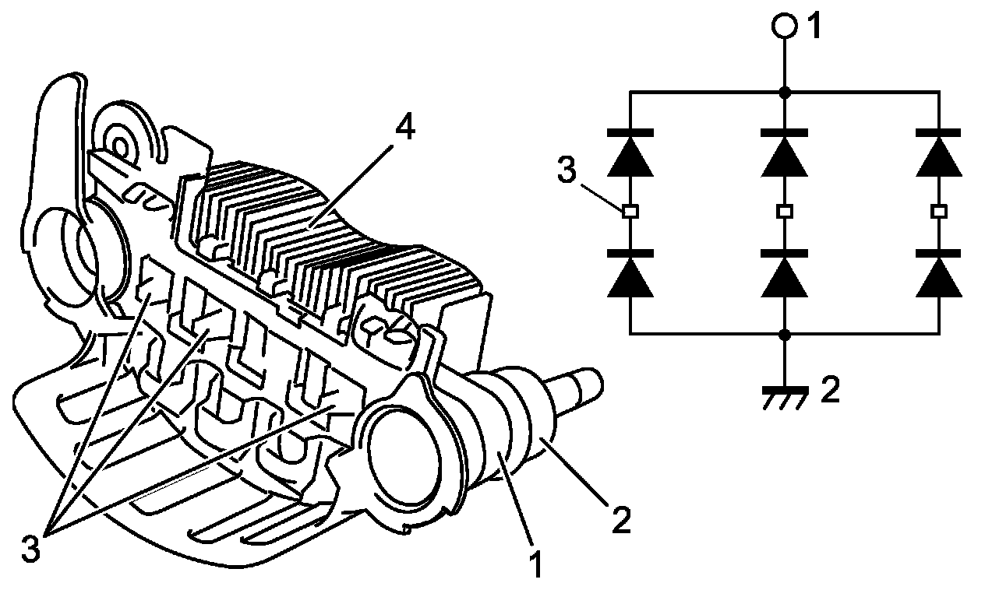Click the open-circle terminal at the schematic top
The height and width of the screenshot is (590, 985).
784,26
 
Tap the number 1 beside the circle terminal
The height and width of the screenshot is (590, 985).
814,26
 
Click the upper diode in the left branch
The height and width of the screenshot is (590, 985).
630,154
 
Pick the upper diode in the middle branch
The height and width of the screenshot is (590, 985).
784,154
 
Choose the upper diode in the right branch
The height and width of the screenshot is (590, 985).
938,154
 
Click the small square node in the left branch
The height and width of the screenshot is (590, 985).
630,211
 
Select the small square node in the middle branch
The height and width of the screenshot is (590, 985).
784,211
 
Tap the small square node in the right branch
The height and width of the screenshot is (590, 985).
938,211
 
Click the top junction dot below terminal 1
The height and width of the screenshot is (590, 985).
784,92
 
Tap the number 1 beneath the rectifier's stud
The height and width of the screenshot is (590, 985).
535,564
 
